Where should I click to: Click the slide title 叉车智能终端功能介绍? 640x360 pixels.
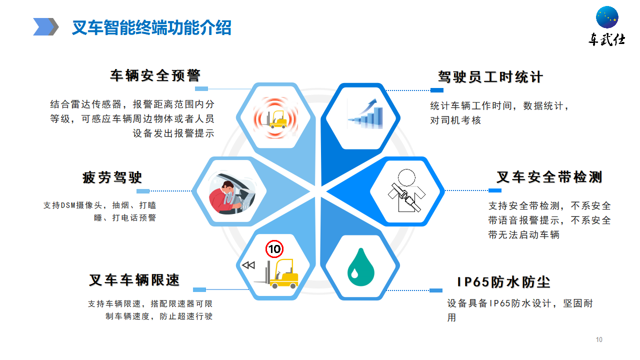pyautogui.click(x=151, y=27)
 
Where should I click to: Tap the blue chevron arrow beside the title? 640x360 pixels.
pyautogui.click(x=45, y=27)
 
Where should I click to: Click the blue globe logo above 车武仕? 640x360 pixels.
pyautogui.click(x=607, y=17)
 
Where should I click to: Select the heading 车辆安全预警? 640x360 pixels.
pyautogui.click(x=155, y=75)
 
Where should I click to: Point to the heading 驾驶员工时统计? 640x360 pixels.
pyautogui.click(x=490, y=77)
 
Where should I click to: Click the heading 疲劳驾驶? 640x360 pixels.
pyautogui.click(x=112, y=177)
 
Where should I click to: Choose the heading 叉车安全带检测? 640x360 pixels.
pyautogui.click(x=549, y=177)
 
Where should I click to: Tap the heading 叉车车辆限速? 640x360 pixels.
pyautogui.click(x=134, y=280)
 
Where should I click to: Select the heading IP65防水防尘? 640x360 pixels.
pyautogui.click(x=503, y=282)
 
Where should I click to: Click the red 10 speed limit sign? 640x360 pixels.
pyautogui.click(x=274, y=249)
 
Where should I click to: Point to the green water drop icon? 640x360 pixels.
pyautogui.click(x=361, y=267)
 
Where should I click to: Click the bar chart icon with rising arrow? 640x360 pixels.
pyautogui.click(x=365, y=113)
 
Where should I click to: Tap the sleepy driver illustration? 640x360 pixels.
pyautogui.click(x=232, y=193)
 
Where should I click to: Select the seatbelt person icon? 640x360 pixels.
pyautogui.click(x=406, y=190)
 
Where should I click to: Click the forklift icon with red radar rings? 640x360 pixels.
pyautogui.click(x=275, y=117)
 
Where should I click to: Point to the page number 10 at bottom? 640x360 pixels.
pyautogui.click(x=599, y=339)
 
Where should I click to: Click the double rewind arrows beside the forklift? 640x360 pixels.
pyautogui.click(x=248, y=265)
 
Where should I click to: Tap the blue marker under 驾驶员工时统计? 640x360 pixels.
pyautogui.click(x=437, y=90)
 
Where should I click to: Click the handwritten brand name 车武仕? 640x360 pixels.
pyautogui.click(x=606, y=39)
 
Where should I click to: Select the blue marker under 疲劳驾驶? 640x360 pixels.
pyautogui.click(x=143, y=191)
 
